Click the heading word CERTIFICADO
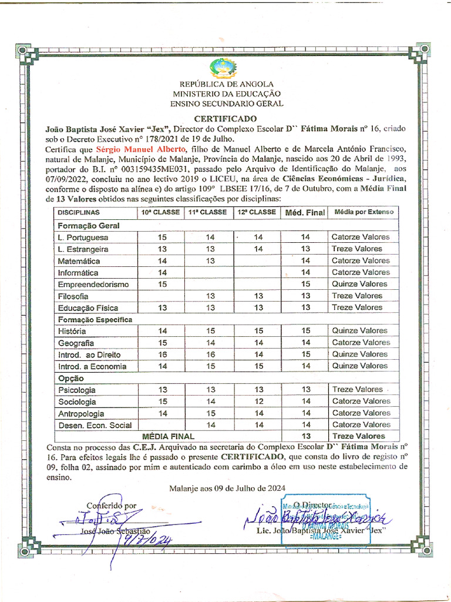tap(225, 118)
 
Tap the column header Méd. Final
tap(305, 212)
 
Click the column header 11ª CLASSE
tap(207, 212)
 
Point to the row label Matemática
tap(79, 261)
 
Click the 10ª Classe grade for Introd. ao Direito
tap(163, 354)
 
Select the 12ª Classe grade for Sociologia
tap(258, 402)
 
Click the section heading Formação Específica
tap(95, 320)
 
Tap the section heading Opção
tap(70, 378)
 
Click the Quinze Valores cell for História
tap(360, 331)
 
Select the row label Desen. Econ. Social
tap(95, 425)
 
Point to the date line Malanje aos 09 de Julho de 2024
tap(227, 488)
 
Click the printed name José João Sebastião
tap(116, 531)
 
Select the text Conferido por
tap(112, 505)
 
